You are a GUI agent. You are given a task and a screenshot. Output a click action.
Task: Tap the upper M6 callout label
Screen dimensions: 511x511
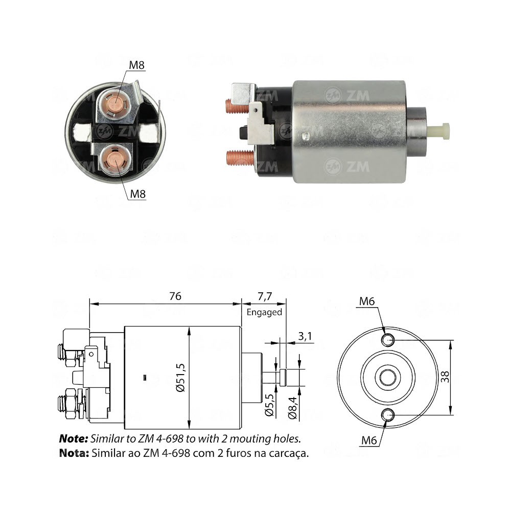point(367,301)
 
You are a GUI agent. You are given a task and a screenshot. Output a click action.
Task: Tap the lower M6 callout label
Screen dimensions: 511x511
point(367,440)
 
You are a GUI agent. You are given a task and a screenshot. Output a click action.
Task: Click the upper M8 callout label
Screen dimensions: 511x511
point(136,65)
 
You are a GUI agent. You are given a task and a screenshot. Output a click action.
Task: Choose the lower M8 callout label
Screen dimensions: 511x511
point(136,194)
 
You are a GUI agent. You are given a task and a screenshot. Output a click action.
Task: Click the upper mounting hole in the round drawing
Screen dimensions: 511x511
point(388,339)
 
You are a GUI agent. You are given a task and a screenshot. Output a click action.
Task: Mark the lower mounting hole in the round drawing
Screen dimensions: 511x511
point(388,414)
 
